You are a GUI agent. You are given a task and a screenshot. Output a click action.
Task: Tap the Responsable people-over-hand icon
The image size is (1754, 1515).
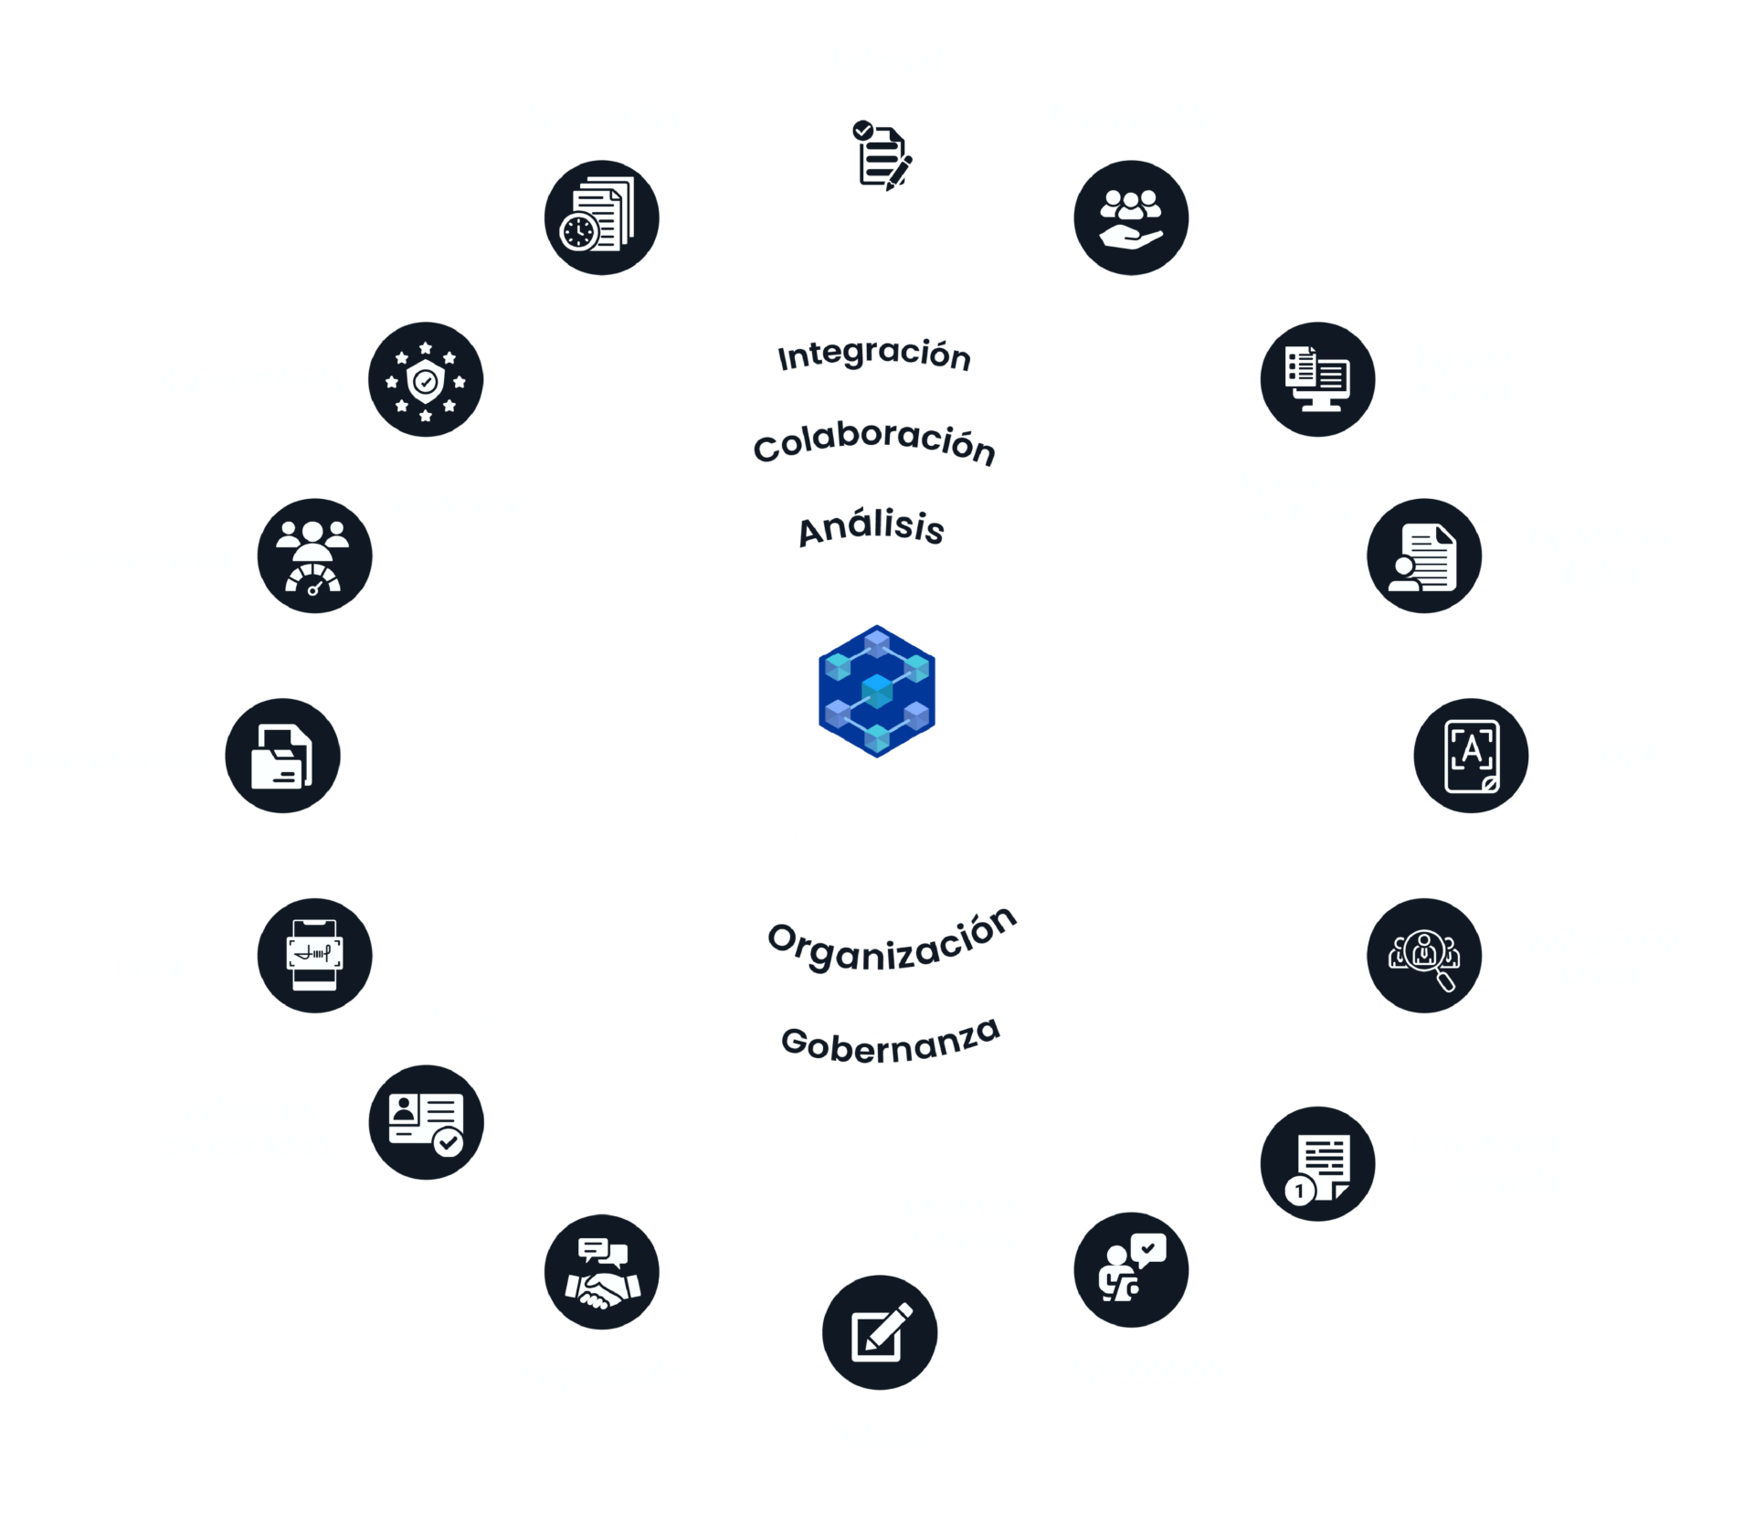[x=1132, y=217]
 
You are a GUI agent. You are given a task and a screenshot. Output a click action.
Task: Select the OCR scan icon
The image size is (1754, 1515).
[x=1472, y=756]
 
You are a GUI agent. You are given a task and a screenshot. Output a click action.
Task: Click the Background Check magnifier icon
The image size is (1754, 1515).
[x=1425, y=957]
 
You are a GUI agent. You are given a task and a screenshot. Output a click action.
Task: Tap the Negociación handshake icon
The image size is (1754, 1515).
[x=602, y=1272]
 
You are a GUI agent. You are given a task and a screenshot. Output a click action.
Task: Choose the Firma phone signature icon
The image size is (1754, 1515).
[x=313, y=956]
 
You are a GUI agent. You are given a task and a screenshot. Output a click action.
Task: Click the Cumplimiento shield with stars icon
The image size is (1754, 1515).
[x=426, y=379]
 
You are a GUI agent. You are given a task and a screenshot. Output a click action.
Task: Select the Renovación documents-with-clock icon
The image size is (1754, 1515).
[x=601, y=218]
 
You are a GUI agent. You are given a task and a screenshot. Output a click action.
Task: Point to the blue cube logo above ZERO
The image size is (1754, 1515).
[x=877, y=691]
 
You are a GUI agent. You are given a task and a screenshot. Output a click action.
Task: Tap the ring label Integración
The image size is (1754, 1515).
[x=873, y=355]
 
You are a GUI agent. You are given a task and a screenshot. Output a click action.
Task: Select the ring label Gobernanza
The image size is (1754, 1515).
[x=891, y=1043]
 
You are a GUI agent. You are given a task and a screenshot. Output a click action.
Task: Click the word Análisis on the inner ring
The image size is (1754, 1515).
[x=871, y=528]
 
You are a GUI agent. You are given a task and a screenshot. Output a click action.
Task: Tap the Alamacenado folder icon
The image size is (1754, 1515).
[x=283, y=756]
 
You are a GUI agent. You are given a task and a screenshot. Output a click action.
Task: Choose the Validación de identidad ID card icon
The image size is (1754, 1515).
[x=426, y=1123]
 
